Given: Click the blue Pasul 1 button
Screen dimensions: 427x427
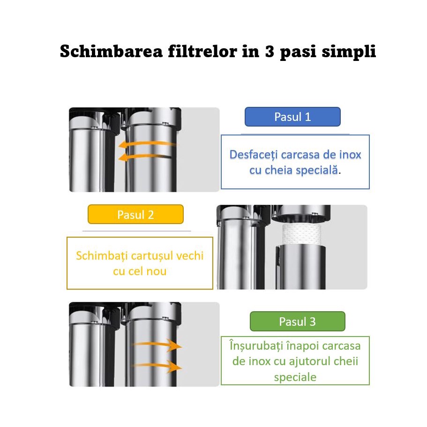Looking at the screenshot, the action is tap(292, 117).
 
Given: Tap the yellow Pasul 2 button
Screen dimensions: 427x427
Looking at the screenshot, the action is tap(135, 214).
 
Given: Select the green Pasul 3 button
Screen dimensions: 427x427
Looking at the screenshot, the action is tap(297, 322).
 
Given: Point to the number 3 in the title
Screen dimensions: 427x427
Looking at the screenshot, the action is tap(270, 51).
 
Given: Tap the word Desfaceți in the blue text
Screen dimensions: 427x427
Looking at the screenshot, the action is tap(254, 155).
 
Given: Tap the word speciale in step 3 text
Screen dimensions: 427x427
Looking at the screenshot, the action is tap(295, 377).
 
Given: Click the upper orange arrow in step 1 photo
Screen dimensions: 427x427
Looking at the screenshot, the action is tap(147, 144).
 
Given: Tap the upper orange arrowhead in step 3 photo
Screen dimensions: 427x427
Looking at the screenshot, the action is tap(175, 345).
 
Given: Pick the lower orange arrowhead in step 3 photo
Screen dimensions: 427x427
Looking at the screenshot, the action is tap(175, 367).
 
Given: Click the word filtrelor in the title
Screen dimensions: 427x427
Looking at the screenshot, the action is tap(202, 51).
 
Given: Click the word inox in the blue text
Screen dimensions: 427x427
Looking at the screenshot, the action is tap(350, 155).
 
